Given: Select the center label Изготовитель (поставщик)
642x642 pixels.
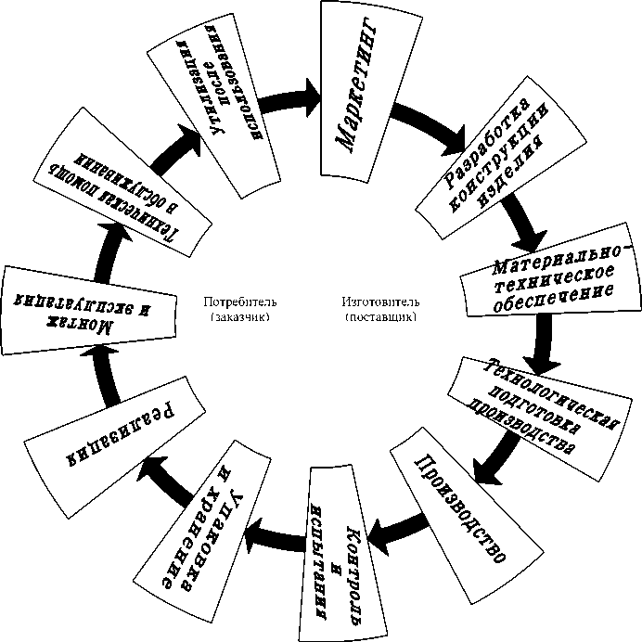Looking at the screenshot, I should (x=380, y=309).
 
